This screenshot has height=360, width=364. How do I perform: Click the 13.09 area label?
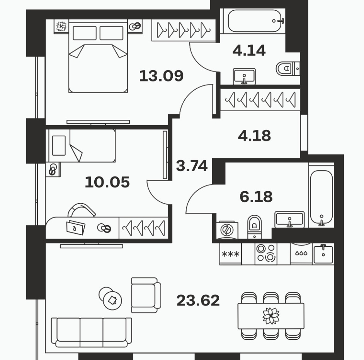162,76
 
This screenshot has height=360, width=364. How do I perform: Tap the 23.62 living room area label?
198,301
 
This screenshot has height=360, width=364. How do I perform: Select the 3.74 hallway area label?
192,166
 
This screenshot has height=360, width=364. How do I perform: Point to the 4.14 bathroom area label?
249,51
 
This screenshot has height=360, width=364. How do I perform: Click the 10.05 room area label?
107,182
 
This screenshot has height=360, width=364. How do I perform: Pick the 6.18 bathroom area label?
256,197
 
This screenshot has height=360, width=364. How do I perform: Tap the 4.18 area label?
254,136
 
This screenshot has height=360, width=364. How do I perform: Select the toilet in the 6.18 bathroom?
255,227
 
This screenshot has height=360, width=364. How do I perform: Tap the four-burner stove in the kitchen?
266,254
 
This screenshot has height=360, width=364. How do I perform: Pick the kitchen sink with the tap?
323,254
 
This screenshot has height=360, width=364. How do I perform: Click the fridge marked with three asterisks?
231,254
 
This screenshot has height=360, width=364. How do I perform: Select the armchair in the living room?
146,295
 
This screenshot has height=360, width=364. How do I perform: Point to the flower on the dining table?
271,316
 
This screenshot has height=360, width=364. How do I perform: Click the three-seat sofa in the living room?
92,332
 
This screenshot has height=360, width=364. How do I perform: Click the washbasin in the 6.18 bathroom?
289,219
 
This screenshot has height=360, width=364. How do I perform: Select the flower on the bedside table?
61,26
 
